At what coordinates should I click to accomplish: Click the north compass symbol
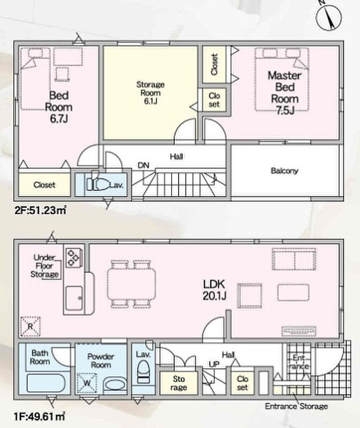(x=328, y=17)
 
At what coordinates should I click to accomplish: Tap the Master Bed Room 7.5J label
(x=285, y=93)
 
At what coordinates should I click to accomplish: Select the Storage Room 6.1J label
(x=150, y=93)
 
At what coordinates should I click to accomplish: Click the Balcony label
(x=285, y=171)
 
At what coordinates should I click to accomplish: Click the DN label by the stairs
(x=143, y=165)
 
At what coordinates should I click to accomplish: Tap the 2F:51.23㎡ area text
(x=40, y=210)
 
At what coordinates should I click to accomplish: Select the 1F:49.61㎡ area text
(x=40, y=417)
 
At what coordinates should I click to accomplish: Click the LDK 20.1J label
(x=215, y=290)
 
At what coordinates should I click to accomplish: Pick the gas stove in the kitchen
(x=74, y=258)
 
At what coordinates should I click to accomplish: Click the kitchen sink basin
(x=74, y=298)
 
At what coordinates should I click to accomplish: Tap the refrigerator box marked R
(x=30, y=326)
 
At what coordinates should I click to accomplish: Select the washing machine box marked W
(x=87, y=383)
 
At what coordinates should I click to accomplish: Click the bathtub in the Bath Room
(x=46, y=383)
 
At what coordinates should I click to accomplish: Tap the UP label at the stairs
(x=214, y=364)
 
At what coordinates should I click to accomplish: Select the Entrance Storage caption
(x=296, y=406)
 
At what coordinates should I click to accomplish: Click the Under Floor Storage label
(x=44, y=266)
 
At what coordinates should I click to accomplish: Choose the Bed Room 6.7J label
(x=59, y=107)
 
